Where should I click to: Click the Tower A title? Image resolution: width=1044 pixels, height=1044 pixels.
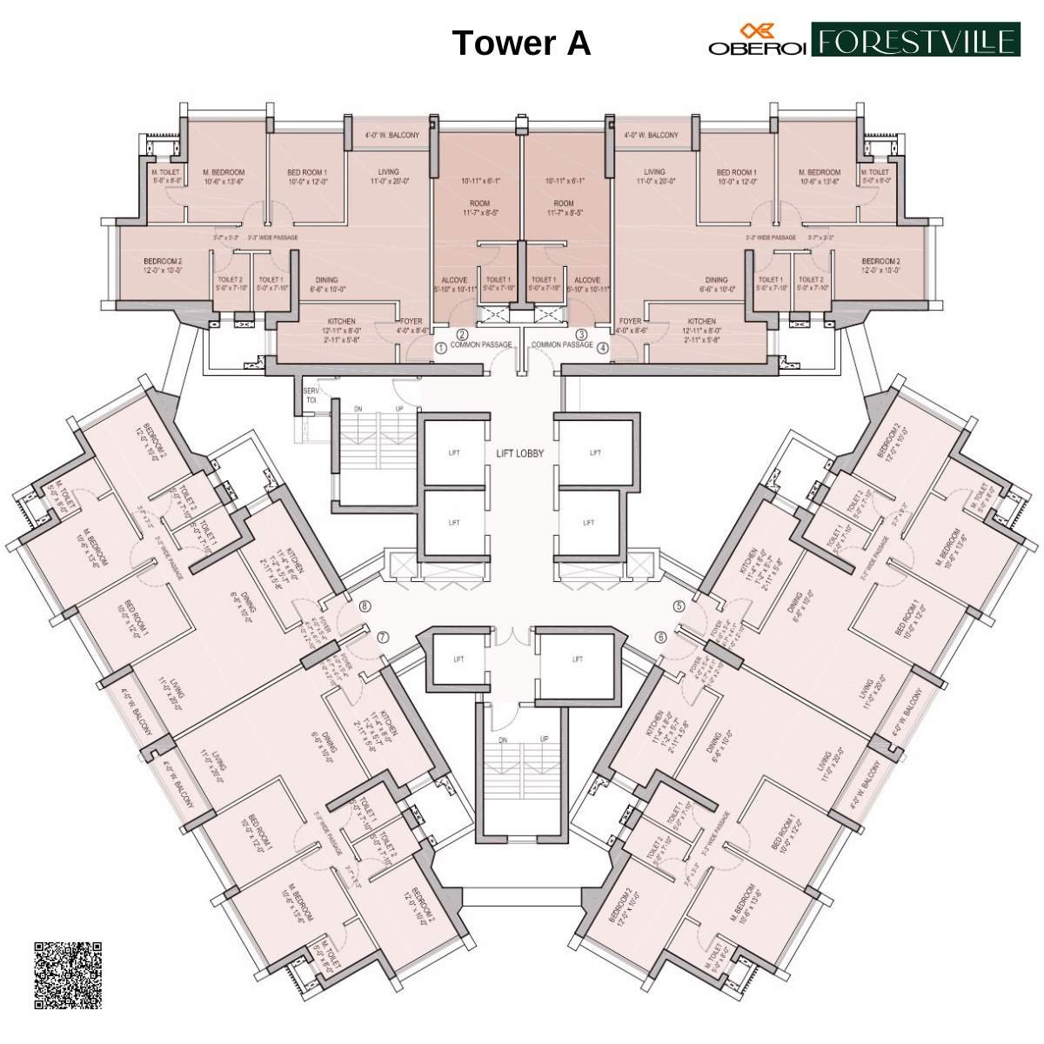(521, 43)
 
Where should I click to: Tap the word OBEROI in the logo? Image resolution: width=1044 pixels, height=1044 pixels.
(756, 49)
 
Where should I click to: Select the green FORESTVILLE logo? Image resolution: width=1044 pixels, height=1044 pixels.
(915, 40)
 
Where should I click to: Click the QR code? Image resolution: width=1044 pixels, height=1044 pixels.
(69, 974)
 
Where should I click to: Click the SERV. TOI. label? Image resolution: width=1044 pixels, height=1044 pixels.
(311, 396)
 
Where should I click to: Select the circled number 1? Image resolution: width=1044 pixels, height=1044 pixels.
(442, 348)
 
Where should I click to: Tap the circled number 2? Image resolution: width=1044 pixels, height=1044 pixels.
(463, 334)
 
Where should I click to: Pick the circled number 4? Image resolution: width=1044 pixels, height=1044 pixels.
(603, 348)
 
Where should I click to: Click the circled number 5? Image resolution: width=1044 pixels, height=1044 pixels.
(678, 606)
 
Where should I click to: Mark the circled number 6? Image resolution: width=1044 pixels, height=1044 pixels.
(661, 638)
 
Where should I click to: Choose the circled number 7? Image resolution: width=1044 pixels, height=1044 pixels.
(382, 638)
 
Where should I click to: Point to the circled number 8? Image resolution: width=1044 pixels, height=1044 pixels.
(365, 606)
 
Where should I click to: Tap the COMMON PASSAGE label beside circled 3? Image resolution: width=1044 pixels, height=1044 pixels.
(562, 345)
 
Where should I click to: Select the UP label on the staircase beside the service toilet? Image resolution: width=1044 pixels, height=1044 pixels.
(399, 408)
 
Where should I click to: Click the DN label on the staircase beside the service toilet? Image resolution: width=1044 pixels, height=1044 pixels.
(358, 408)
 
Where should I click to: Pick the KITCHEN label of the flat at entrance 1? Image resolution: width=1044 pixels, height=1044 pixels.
(341, 321)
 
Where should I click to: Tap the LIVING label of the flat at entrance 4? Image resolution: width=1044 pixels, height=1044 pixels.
(654, 171)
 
